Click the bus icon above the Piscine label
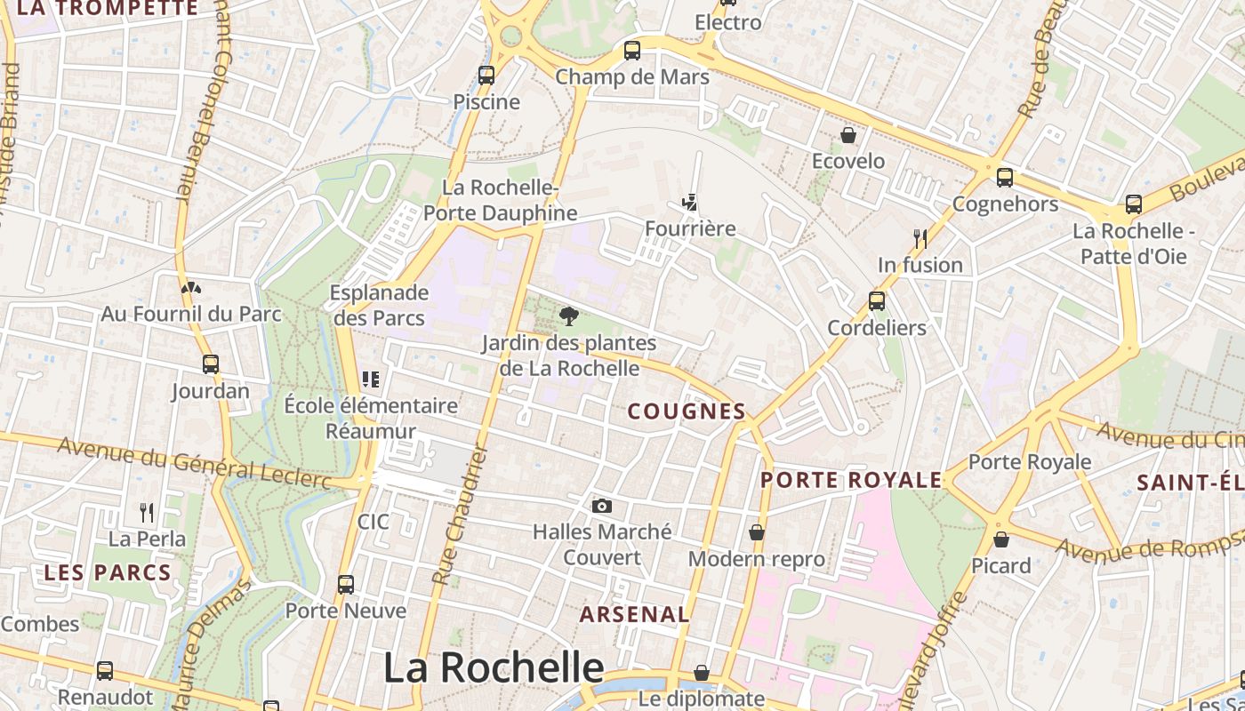click(x=486, y=76)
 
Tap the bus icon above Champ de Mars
click(x=632, y=51)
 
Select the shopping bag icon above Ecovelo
click(x=848, y=135)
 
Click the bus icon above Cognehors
click(x=1005, y=178)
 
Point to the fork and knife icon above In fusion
click(x=920, y=238)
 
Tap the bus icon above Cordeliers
click(x=877, y=301)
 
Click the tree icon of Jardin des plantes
click(x=568, y=316)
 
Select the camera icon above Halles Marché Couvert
click(x=602, y=506)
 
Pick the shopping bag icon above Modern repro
click(x=757, y=532)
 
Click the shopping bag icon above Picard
click(x=1001, y=539)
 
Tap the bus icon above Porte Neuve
click(x=346, y=584)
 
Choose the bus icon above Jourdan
click(x=211, y=364)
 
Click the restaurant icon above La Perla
click(x=147, y=512)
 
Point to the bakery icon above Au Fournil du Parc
click(x=190, y=288)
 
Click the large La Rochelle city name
click(x=494, y=667)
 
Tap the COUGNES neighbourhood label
click(x=687, y=411)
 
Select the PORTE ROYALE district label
click(x=851, y=480)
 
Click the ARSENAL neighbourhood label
click(x=634, y=614)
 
